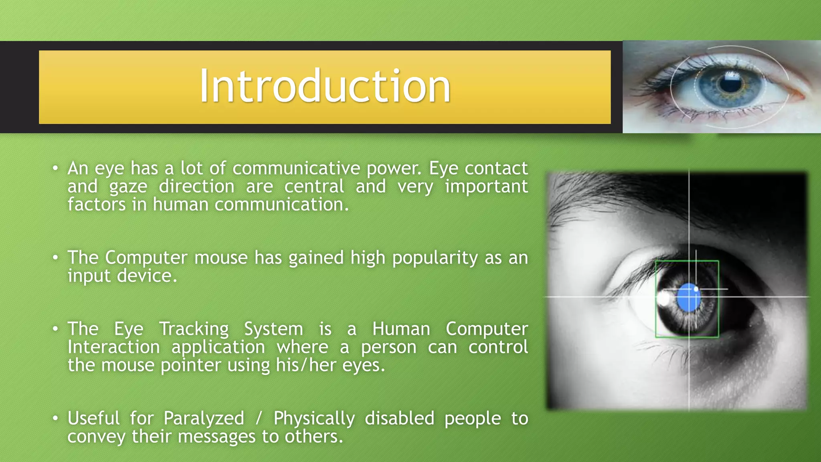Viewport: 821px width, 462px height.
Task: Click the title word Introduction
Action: click(x=325, y=86)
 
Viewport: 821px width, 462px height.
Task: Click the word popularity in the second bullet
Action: click(x=435, y=258)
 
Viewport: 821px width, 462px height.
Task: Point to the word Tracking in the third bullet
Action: click(x=194, y=329)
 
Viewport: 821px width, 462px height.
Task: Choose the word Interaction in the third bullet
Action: click(x=113, y=347)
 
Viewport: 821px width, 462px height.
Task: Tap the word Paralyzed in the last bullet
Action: click(x=204, y=418)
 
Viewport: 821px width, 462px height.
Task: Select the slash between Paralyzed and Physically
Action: click(x=259, y=418)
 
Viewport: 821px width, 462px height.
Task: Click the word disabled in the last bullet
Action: click(x=399, y=418)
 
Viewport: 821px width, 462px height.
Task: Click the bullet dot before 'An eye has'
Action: click(x=55, y=168)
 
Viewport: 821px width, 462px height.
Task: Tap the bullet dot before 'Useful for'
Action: click(x=55, y=418)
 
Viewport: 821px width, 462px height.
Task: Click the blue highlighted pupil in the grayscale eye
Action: click(x=688, y=298)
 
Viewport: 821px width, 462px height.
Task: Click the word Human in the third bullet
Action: click(x=401, y=329)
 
